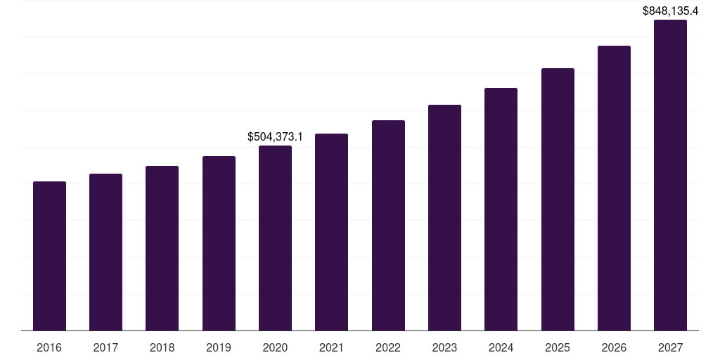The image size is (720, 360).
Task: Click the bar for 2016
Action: (x=49, y=256)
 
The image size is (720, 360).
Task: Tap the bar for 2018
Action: (x=162, y=248)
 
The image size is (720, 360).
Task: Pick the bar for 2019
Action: (x=219, y=243)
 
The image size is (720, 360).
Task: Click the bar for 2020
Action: (x=275, y=238)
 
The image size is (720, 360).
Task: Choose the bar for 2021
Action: (x=331, y=232)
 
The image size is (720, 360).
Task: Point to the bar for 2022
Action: (x=388, y=225)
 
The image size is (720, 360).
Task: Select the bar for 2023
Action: (x=444, y=217)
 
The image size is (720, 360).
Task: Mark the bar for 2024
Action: (x=501, y=209)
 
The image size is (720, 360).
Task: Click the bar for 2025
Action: (x=558, y=199)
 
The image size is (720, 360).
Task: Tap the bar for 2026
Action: (x=614, y=188)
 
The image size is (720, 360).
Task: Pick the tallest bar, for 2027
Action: (x=670, y=175)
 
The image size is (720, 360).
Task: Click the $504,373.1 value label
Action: (x=275, y=136)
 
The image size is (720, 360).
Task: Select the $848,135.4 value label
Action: (x=670, y=11)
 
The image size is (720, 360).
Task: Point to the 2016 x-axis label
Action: (x=49, y=348)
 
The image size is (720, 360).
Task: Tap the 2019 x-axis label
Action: (x=219, y=348)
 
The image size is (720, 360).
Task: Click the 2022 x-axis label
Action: (x=388, y=348)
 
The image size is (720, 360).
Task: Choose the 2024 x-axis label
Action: (x=501, y=348)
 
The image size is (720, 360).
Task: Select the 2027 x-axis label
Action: (x=670, y=348)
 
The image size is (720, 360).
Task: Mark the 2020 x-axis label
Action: (x=275, y=348)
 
